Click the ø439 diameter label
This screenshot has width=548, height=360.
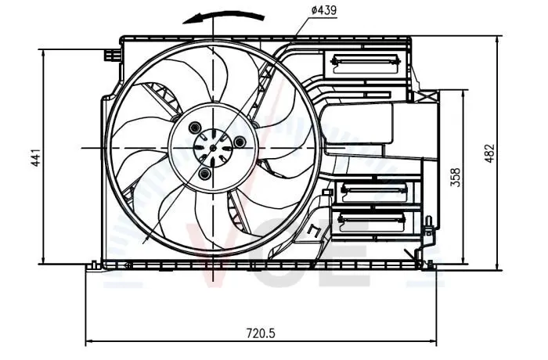point(323,10)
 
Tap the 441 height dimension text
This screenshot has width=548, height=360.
point(37,157)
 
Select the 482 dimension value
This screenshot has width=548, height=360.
point(489,153)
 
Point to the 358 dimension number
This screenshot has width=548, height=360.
point(456,177)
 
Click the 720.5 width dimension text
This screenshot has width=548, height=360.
point(261,333)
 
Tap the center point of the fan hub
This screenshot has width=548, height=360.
point(213,148)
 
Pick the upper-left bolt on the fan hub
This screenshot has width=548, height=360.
point(194,128)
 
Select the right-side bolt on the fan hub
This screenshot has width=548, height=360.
point(240,142)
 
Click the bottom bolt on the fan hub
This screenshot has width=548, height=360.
point(204,174)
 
